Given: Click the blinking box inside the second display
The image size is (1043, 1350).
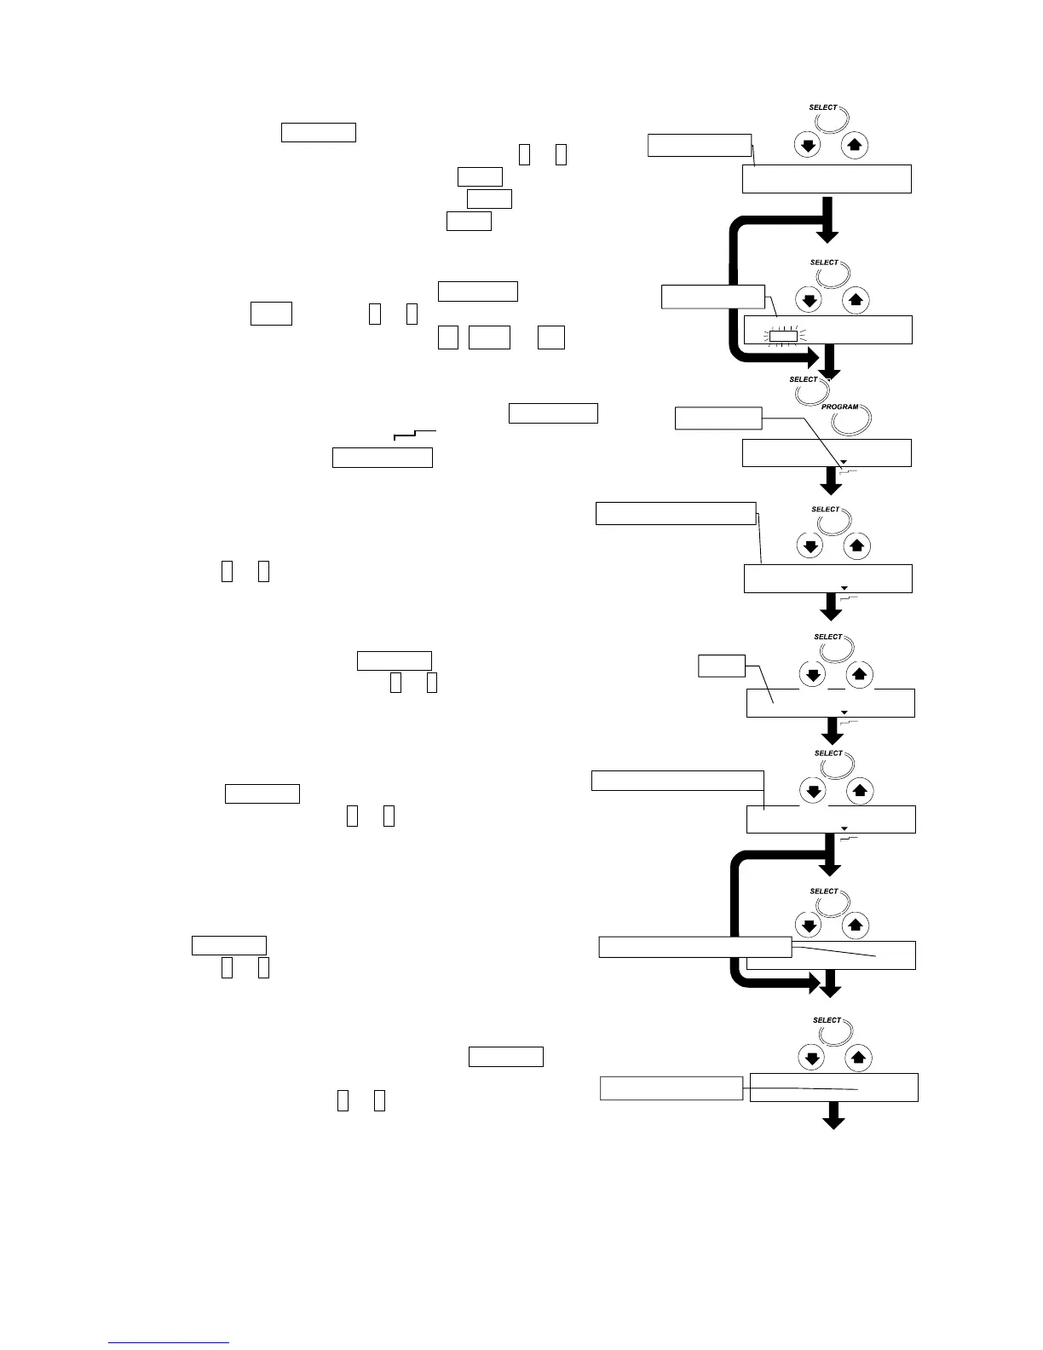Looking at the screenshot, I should pos(783,335).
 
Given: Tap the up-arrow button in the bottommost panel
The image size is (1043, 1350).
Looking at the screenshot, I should pos(858,1058).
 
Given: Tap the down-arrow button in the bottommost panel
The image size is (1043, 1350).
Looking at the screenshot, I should pos(811,1058).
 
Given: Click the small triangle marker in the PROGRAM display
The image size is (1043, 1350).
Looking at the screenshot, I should pos(844,461).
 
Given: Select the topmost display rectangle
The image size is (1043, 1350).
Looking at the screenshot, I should pos(827,179).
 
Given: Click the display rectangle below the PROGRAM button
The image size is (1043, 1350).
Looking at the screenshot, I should pos(827,453).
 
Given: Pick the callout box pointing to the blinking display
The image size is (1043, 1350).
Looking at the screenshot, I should pos(712,296).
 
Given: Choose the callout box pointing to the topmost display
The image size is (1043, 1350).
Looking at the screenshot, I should pos(699,145).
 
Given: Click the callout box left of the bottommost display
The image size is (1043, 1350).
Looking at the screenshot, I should pos(671,1088).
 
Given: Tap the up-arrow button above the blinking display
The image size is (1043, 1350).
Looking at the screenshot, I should pos(856,299).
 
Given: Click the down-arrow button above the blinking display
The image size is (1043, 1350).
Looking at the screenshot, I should pos(810,299).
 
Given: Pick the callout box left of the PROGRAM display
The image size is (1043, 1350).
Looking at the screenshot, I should pos(717,418).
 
